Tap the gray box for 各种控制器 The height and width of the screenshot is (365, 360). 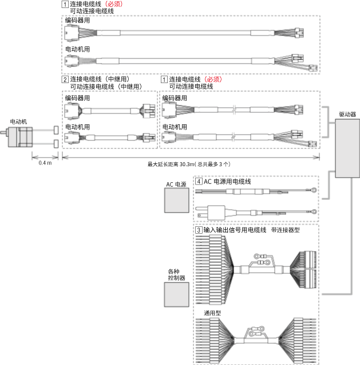pyautogui.click(x=176, y=295)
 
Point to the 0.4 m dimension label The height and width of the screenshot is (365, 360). pyautogui.click(x=45, y=163)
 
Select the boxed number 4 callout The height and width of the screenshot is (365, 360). pyautogui.click(x=199, y=181)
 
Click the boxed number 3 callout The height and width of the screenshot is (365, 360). pyautogui.click(x=199, y=229)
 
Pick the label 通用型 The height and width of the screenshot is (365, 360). pyautogui.click(x=212, y=313)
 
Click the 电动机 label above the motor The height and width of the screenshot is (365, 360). pyautogui.click(x=18, y=121)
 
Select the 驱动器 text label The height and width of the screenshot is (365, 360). pyautogui.click(x=347, y=115)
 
